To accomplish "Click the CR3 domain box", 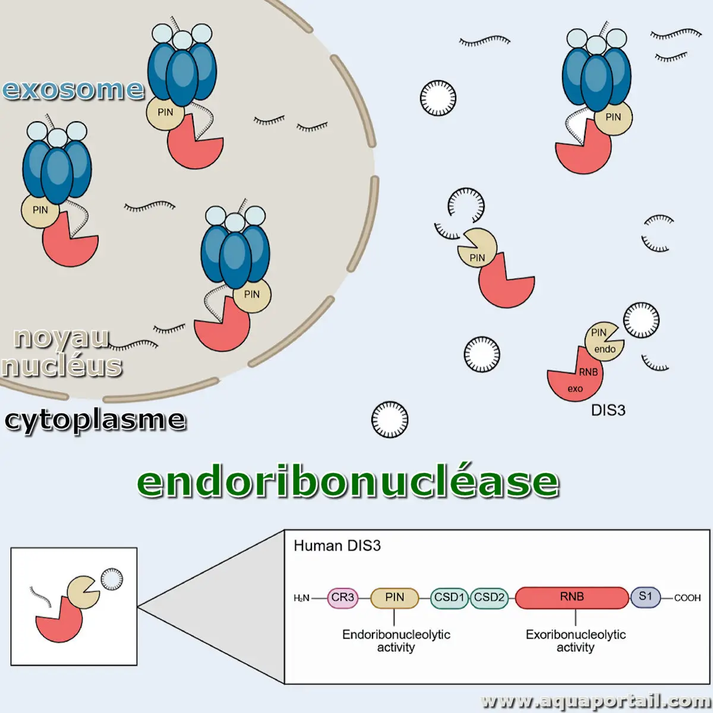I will coord(343,598).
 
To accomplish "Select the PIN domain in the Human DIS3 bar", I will coord(395,598).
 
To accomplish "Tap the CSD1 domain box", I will coord(449,598).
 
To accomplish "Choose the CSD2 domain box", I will coord(490,598).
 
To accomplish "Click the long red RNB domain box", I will coord(572,598).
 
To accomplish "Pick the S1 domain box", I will coord(645,597).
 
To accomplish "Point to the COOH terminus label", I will coord(687,598).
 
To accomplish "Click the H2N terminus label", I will coord(302,598).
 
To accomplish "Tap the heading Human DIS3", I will coord(337,545).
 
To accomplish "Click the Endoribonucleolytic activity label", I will coord(396,641).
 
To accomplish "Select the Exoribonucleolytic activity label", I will coord(575,641).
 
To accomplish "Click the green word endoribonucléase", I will coord(348,481).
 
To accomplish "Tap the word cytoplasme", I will coord(95,420).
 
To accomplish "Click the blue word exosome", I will coord(73,89).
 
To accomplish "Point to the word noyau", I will coord(61,337).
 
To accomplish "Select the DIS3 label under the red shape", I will coord(608,410).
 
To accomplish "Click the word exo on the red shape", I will coord(575,389).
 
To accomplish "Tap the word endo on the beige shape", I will coord(605,349).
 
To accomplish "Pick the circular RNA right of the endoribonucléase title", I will coord(390,419).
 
